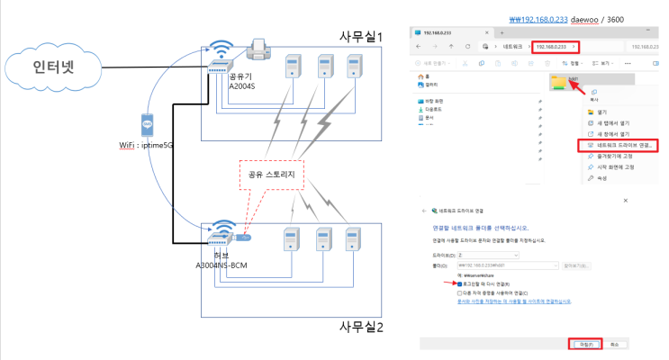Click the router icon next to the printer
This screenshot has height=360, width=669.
point(220,57)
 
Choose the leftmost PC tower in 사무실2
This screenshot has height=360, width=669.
point(291,241)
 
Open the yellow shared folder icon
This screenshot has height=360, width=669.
point(560,82)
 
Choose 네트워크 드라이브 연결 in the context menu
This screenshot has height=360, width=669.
point(622,144)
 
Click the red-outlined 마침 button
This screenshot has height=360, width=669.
point(583,343)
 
